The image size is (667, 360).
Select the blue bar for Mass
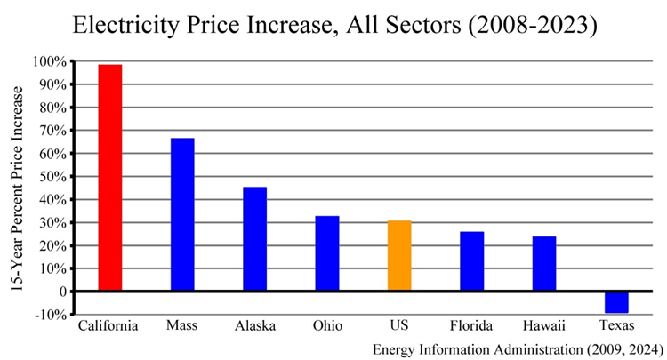pos(182,214)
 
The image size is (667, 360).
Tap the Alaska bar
pos(255,238)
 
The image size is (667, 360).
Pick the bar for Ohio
pos(327,253)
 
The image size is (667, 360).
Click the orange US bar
pos(399,255)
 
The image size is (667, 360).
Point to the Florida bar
pos(472,261)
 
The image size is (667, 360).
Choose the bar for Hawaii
pos(544,263)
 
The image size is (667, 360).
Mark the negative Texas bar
pos(617,302)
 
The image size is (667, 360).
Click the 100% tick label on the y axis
pos(49,61)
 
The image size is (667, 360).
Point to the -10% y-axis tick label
pos(51,315)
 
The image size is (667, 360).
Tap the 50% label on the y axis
pos(52,176)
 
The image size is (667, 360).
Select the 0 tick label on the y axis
pos(62,292)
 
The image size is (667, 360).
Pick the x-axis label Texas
pos(617,326)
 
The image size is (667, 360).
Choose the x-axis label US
pos(399,326)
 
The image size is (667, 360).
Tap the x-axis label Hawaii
pos(544,326)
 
